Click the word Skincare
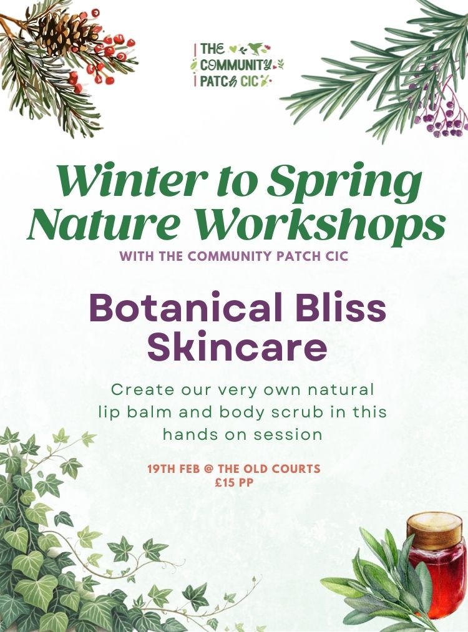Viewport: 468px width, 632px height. (237, 348)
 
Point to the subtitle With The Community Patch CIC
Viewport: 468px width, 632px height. (234, 256)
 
